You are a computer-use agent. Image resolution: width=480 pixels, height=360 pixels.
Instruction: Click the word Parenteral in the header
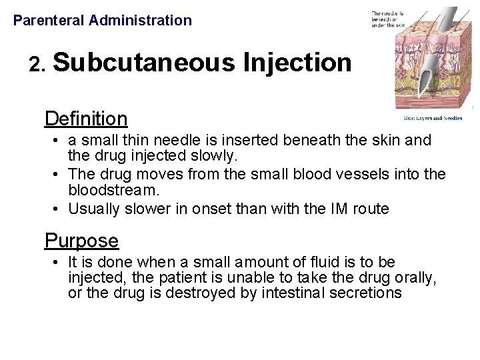click(x=48, y=21)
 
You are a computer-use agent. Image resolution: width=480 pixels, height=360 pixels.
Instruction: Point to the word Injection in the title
click(x=297, y=63)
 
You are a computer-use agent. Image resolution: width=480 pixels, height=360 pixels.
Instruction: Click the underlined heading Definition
click(x=85, y=119)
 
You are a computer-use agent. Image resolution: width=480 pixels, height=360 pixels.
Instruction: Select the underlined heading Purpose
click(x=81, y=241)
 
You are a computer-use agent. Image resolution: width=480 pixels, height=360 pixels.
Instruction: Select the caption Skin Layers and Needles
click(x=432, y=118)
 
